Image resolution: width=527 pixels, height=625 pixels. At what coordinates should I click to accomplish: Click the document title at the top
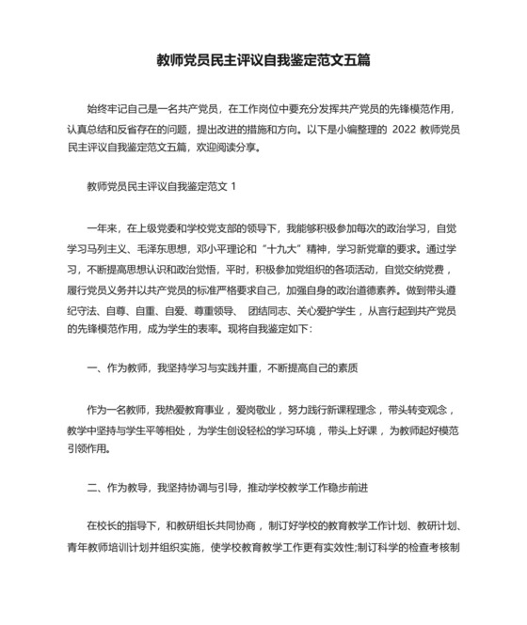click(263, 60)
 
